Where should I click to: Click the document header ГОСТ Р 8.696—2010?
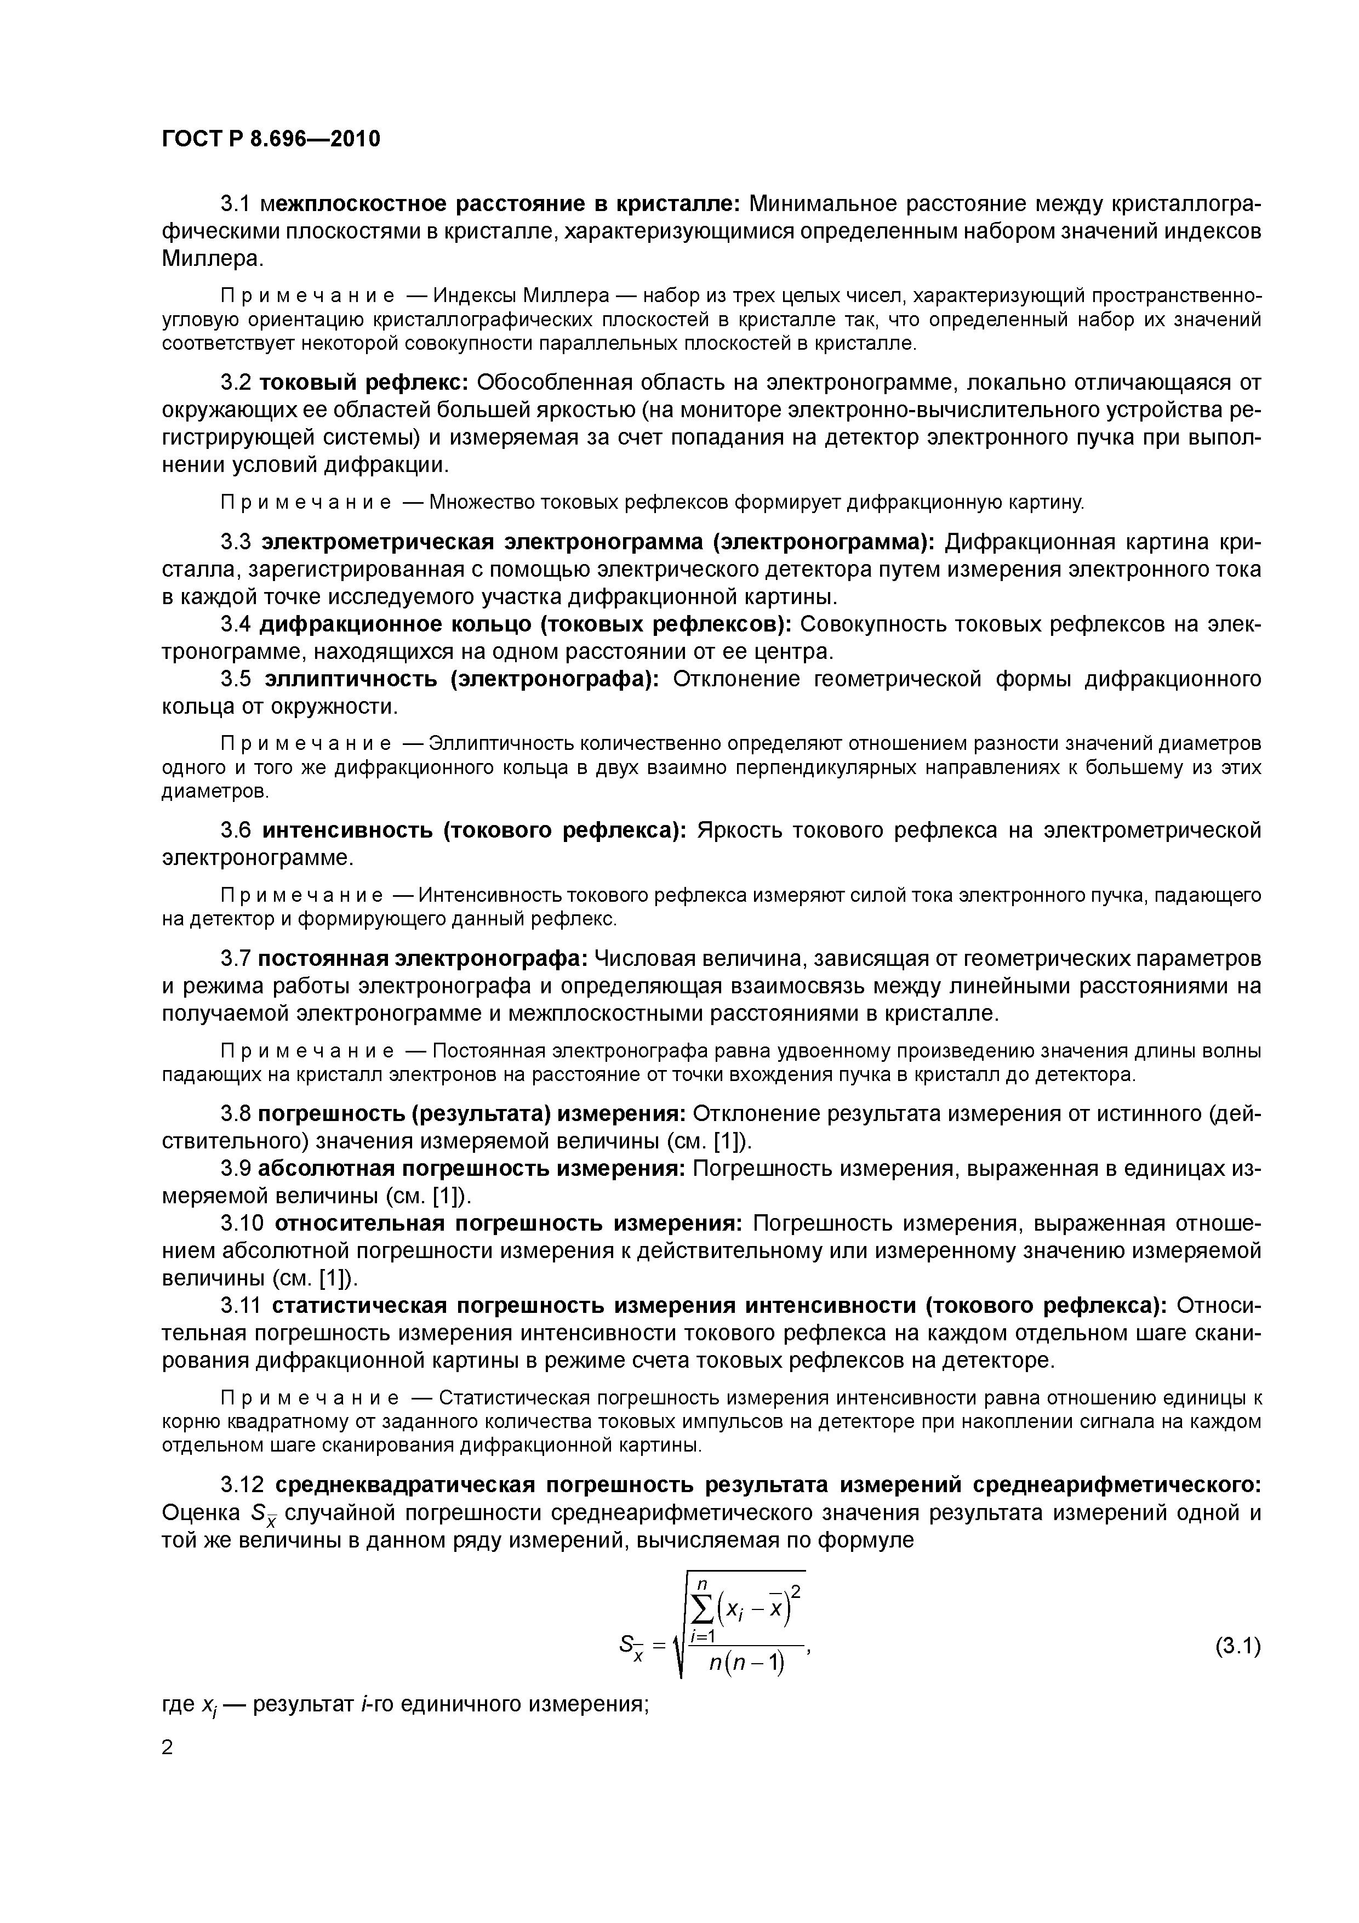(x=271, y=138)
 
